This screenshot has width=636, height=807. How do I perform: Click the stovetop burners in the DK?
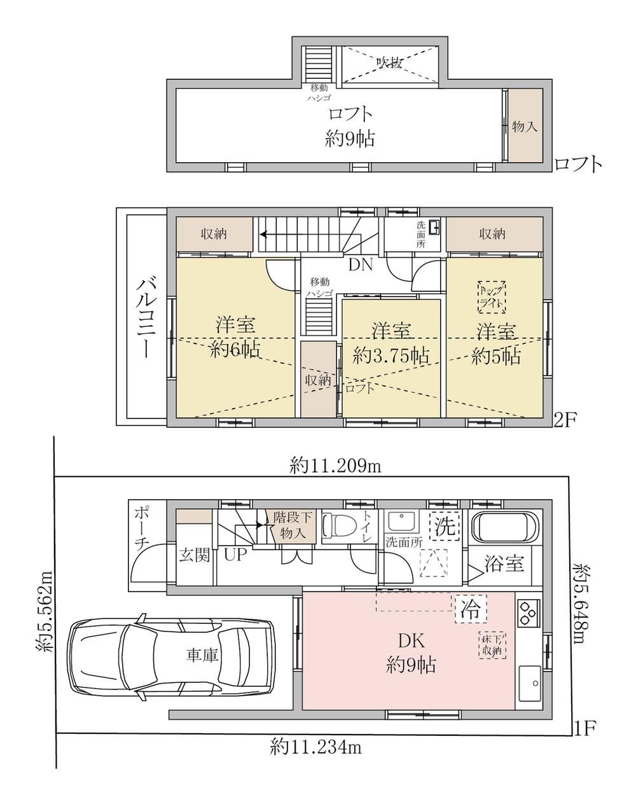529,612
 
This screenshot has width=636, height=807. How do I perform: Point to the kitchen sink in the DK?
530,684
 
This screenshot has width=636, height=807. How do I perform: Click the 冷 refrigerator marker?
471,609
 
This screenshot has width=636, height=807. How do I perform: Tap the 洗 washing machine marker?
445,526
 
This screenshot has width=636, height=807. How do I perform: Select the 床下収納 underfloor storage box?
492,645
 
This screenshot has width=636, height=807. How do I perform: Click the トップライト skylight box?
492,297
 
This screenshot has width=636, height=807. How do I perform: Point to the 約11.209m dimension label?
336,467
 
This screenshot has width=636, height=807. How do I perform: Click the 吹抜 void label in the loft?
389,62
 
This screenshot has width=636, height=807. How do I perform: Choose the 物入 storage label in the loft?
525,127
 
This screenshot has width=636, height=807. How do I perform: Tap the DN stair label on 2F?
361,265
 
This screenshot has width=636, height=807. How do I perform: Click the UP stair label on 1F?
235,555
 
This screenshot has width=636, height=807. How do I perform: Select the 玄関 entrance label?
194,555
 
